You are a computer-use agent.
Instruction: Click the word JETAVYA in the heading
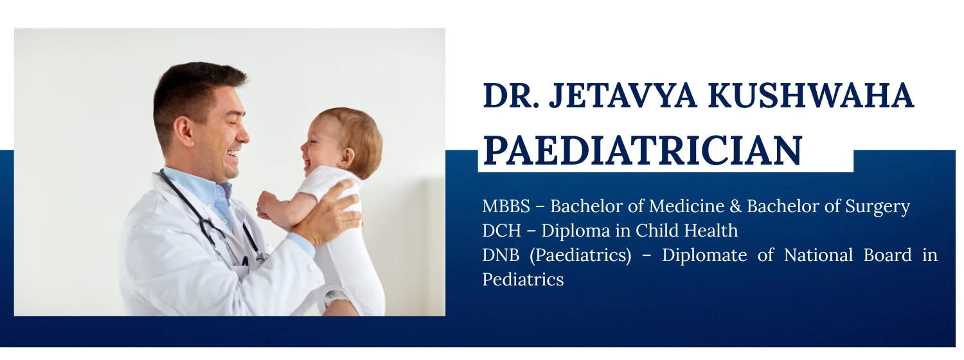(623, 95)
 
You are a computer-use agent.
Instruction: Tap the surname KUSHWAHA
(811, 95)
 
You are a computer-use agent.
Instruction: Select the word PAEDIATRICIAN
(643, 150)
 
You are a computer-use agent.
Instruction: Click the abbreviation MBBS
(506, 206)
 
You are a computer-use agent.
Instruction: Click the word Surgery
(877, 207)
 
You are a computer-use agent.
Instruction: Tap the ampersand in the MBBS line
(736, 206)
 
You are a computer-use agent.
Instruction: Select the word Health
(711, 231)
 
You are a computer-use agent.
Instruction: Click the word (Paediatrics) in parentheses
(580, 255)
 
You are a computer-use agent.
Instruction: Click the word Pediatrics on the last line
(523, 280)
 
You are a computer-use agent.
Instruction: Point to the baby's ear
(346, 157)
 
